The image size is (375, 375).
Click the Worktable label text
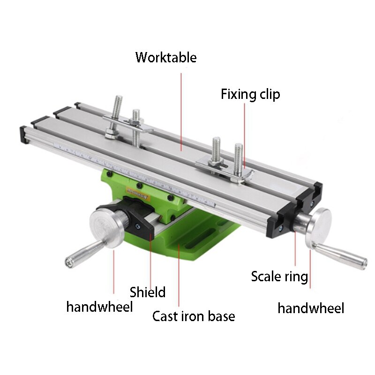click(x=166, y=58)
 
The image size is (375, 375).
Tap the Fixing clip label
click(x=250, y=94)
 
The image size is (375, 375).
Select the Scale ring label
click(x=279, y=276)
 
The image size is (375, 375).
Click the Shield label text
click(x=148, y=292)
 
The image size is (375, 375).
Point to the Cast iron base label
click(x=193, y=316)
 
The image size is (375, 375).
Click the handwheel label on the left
click(x=99, y=307)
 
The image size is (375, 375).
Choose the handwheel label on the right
click(x=311, y=308)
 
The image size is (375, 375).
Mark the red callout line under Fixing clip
click(x=244, y=136)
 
